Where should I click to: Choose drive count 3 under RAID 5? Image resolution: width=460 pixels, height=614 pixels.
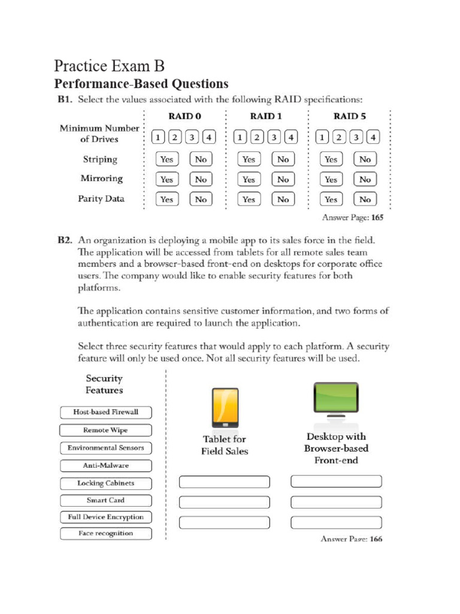coord(356,137)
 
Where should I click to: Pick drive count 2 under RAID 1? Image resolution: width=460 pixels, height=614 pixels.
coord(257,137)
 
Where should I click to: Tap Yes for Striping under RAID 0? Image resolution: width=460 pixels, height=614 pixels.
coord(167,159)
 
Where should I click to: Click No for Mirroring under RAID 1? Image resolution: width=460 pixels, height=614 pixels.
coord(283,179)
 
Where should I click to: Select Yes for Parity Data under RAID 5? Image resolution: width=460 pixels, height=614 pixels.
coord(331,200)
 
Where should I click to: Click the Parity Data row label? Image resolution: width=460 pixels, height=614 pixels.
coord(101,198)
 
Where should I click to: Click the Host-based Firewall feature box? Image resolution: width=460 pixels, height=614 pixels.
coord(105,413)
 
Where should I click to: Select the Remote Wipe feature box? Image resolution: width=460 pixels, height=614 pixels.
coord(105,431)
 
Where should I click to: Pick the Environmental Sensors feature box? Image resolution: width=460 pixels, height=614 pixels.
coord(105,448)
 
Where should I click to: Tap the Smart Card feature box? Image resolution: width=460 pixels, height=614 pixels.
coord(105,500)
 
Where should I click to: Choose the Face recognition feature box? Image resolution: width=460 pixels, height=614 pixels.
coord(105,534)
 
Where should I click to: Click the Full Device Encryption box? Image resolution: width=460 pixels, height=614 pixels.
coord(105,517)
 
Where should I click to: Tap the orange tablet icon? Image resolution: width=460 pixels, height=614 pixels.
coord(225,408)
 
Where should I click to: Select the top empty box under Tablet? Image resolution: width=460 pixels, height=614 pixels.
coord(225,482)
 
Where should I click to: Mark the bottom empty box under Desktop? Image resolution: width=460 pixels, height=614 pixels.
coord(336,522)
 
